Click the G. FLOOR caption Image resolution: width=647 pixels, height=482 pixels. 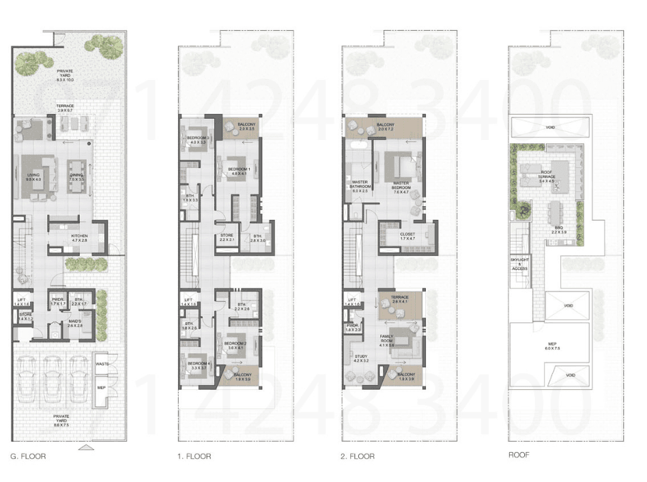coord(29,456)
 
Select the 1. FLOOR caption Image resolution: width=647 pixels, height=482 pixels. coord(194,456)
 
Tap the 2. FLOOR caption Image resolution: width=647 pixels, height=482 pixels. coord(358,456)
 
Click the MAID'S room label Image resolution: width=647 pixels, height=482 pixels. coord(75,322)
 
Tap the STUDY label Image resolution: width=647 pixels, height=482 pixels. coord(361,357)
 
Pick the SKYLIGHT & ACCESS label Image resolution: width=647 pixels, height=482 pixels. coord(519,264)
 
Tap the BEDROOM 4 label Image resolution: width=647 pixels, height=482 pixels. coord(199,363)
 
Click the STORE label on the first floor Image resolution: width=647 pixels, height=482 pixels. coord(227,236)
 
